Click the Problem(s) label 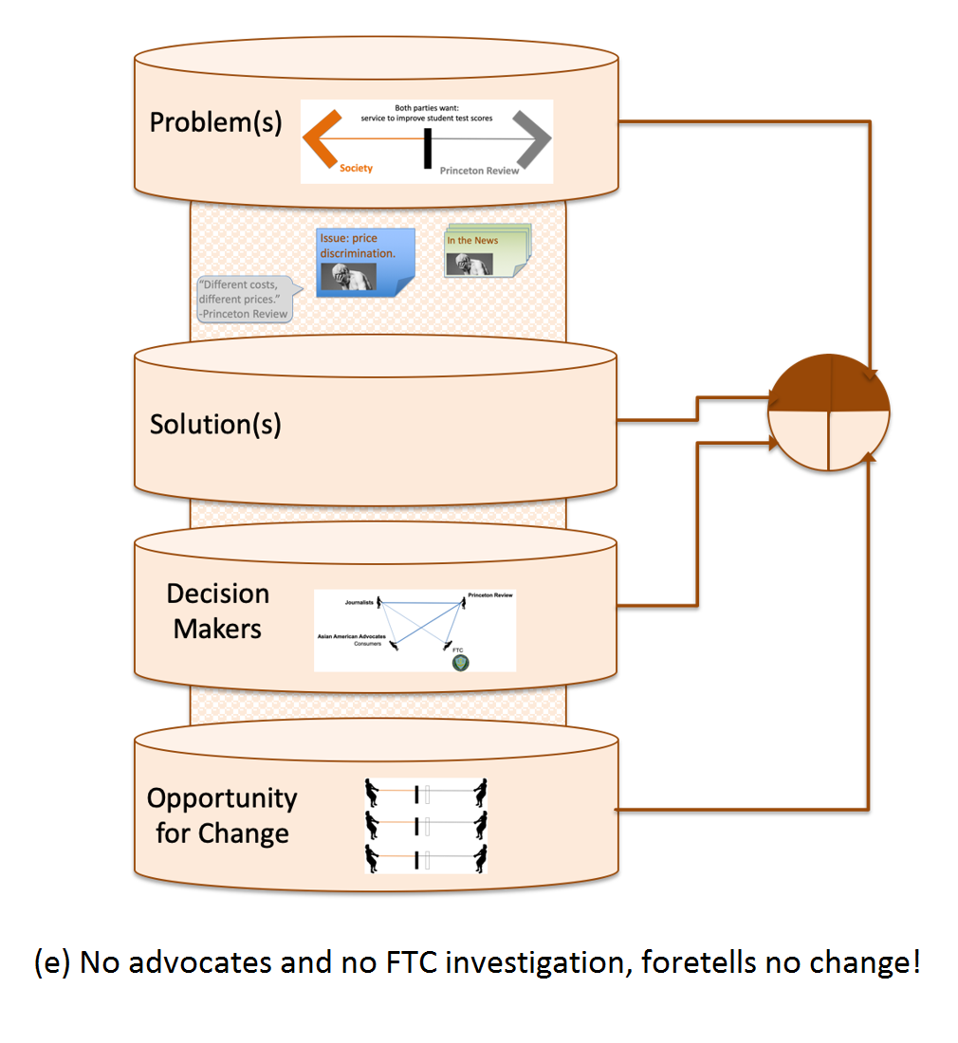215,123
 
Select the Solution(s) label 215,424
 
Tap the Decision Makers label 217,611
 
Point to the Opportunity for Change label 222,815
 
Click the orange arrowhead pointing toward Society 322,140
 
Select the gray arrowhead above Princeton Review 532,140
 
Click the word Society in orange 357,169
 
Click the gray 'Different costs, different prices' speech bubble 244,298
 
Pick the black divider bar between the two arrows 428,148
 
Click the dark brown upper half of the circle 829,385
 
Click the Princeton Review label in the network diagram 489,595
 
